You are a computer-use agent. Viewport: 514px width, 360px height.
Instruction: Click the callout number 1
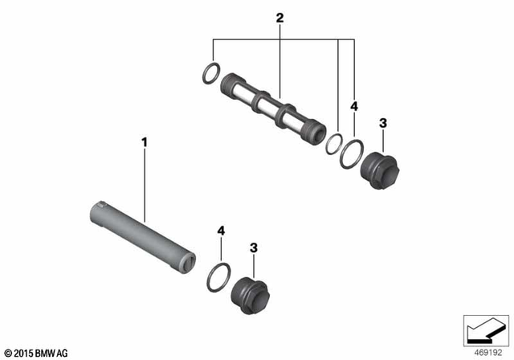click(x=145, y=142)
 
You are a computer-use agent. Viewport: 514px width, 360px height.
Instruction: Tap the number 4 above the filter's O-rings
click(x=354, y=105)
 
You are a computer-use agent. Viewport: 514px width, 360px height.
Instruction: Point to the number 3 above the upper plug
click(x=382, y=123)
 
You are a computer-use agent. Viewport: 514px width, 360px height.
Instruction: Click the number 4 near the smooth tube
click(x=221, y=231)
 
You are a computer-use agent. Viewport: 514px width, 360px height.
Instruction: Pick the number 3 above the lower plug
click(x=253, y=248)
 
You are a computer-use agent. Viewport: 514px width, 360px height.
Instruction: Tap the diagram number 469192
click(x=484, y=352)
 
